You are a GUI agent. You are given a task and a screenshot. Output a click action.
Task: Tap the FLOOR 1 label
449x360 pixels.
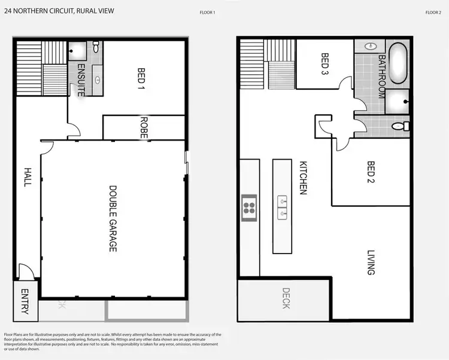pyautogui.click(x=207, y=12)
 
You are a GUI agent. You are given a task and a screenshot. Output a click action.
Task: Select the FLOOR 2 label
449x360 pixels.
pyautogui.click(x=433, y=12)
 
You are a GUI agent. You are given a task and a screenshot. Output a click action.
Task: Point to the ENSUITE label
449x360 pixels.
pyautogui.click(x=80, y=80)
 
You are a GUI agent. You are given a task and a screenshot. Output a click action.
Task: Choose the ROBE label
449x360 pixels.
pyautogui.click(x=144, y=127)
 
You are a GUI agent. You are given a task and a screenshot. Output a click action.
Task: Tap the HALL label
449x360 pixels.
pyautogui.click(x=27, y=176)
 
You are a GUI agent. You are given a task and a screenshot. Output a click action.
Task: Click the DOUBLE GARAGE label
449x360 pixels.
pyautogui.click(x=112, y=218)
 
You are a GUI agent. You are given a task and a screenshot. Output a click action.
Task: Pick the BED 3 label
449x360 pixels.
pyautogui.click(x=325, y=64)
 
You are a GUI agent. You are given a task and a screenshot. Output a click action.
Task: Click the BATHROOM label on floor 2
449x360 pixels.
pyautogui.click(x=381, y=77)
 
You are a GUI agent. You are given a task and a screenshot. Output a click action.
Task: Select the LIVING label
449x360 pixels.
pyautogui.click(x=370, y=263)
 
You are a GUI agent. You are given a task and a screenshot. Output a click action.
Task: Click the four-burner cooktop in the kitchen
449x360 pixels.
pyautogui.click(x=248, y=208)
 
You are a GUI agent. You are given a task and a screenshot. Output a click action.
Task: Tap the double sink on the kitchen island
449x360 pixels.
pyautogui.click(x=283, y=207)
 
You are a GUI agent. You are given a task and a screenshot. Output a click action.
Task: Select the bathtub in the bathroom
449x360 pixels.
pyautogui.click(x=398, y=63)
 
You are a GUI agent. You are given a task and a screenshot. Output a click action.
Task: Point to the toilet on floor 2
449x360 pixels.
pyautogui.click(x=401, y=126)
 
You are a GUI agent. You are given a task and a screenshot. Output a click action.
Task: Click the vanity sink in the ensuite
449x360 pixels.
pyautogui.click(x=98, y=79)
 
